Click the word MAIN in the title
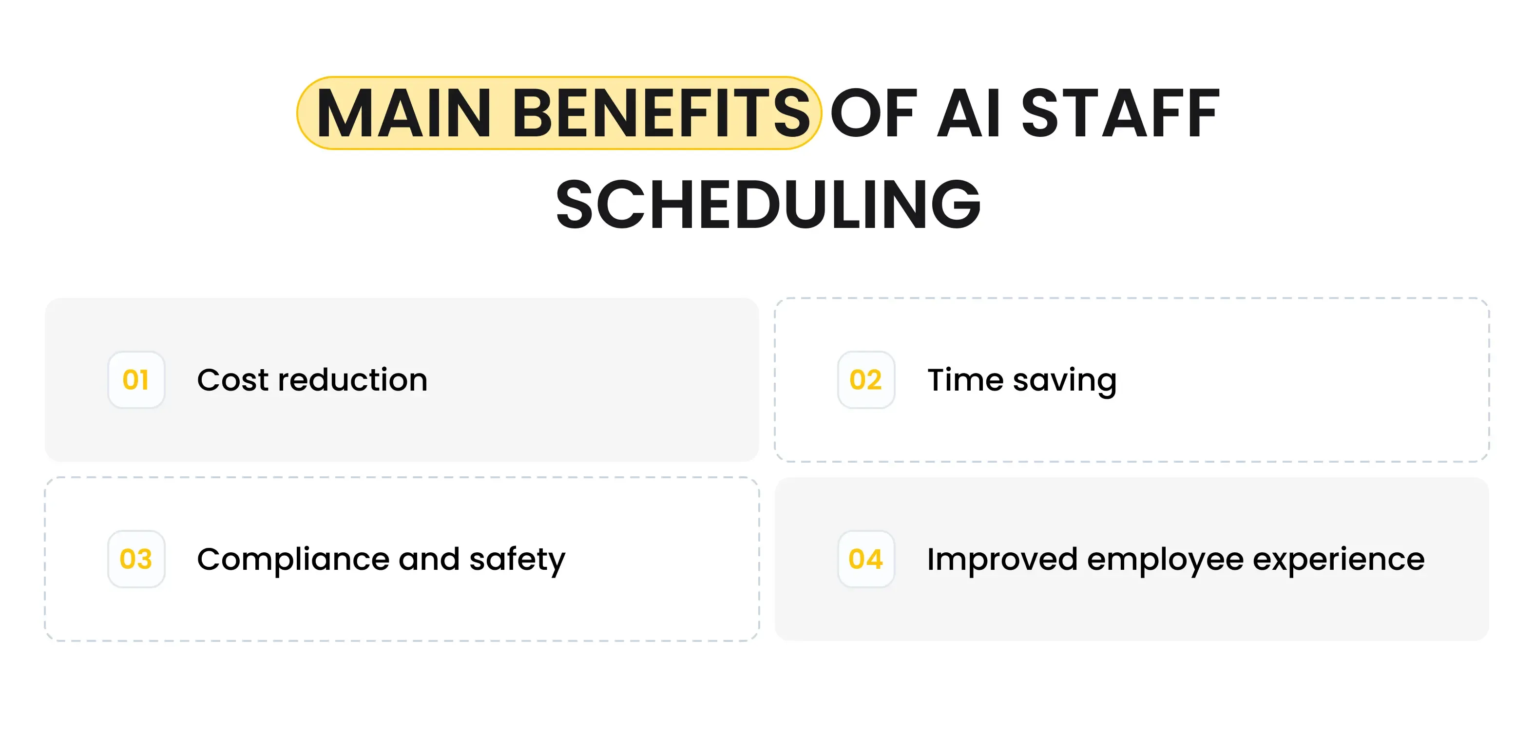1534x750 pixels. tap(404, 113)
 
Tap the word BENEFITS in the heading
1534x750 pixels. tap(661, 113)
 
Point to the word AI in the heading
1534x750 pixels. tap(969, 113)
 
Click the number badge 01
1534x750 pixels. tap(136, 380)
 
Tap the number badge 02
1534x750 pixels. tap(866, 380)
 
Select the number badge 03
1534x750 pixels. tap(136, 559)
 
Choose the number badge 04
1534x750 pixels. tap(866, 559)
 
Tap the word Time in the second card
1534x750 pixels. tap(965, 380)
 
